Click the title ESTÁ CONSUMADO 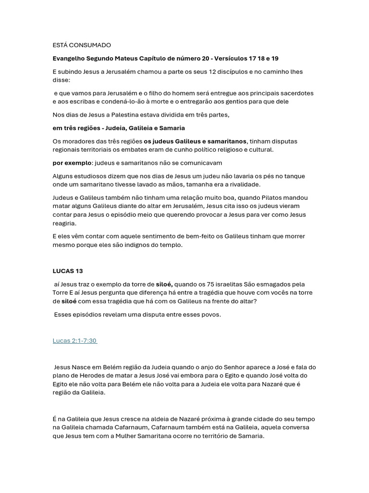click(82, 45)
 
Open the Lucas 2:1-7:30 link click(74, 341)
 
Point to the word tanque click(294, 176)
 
